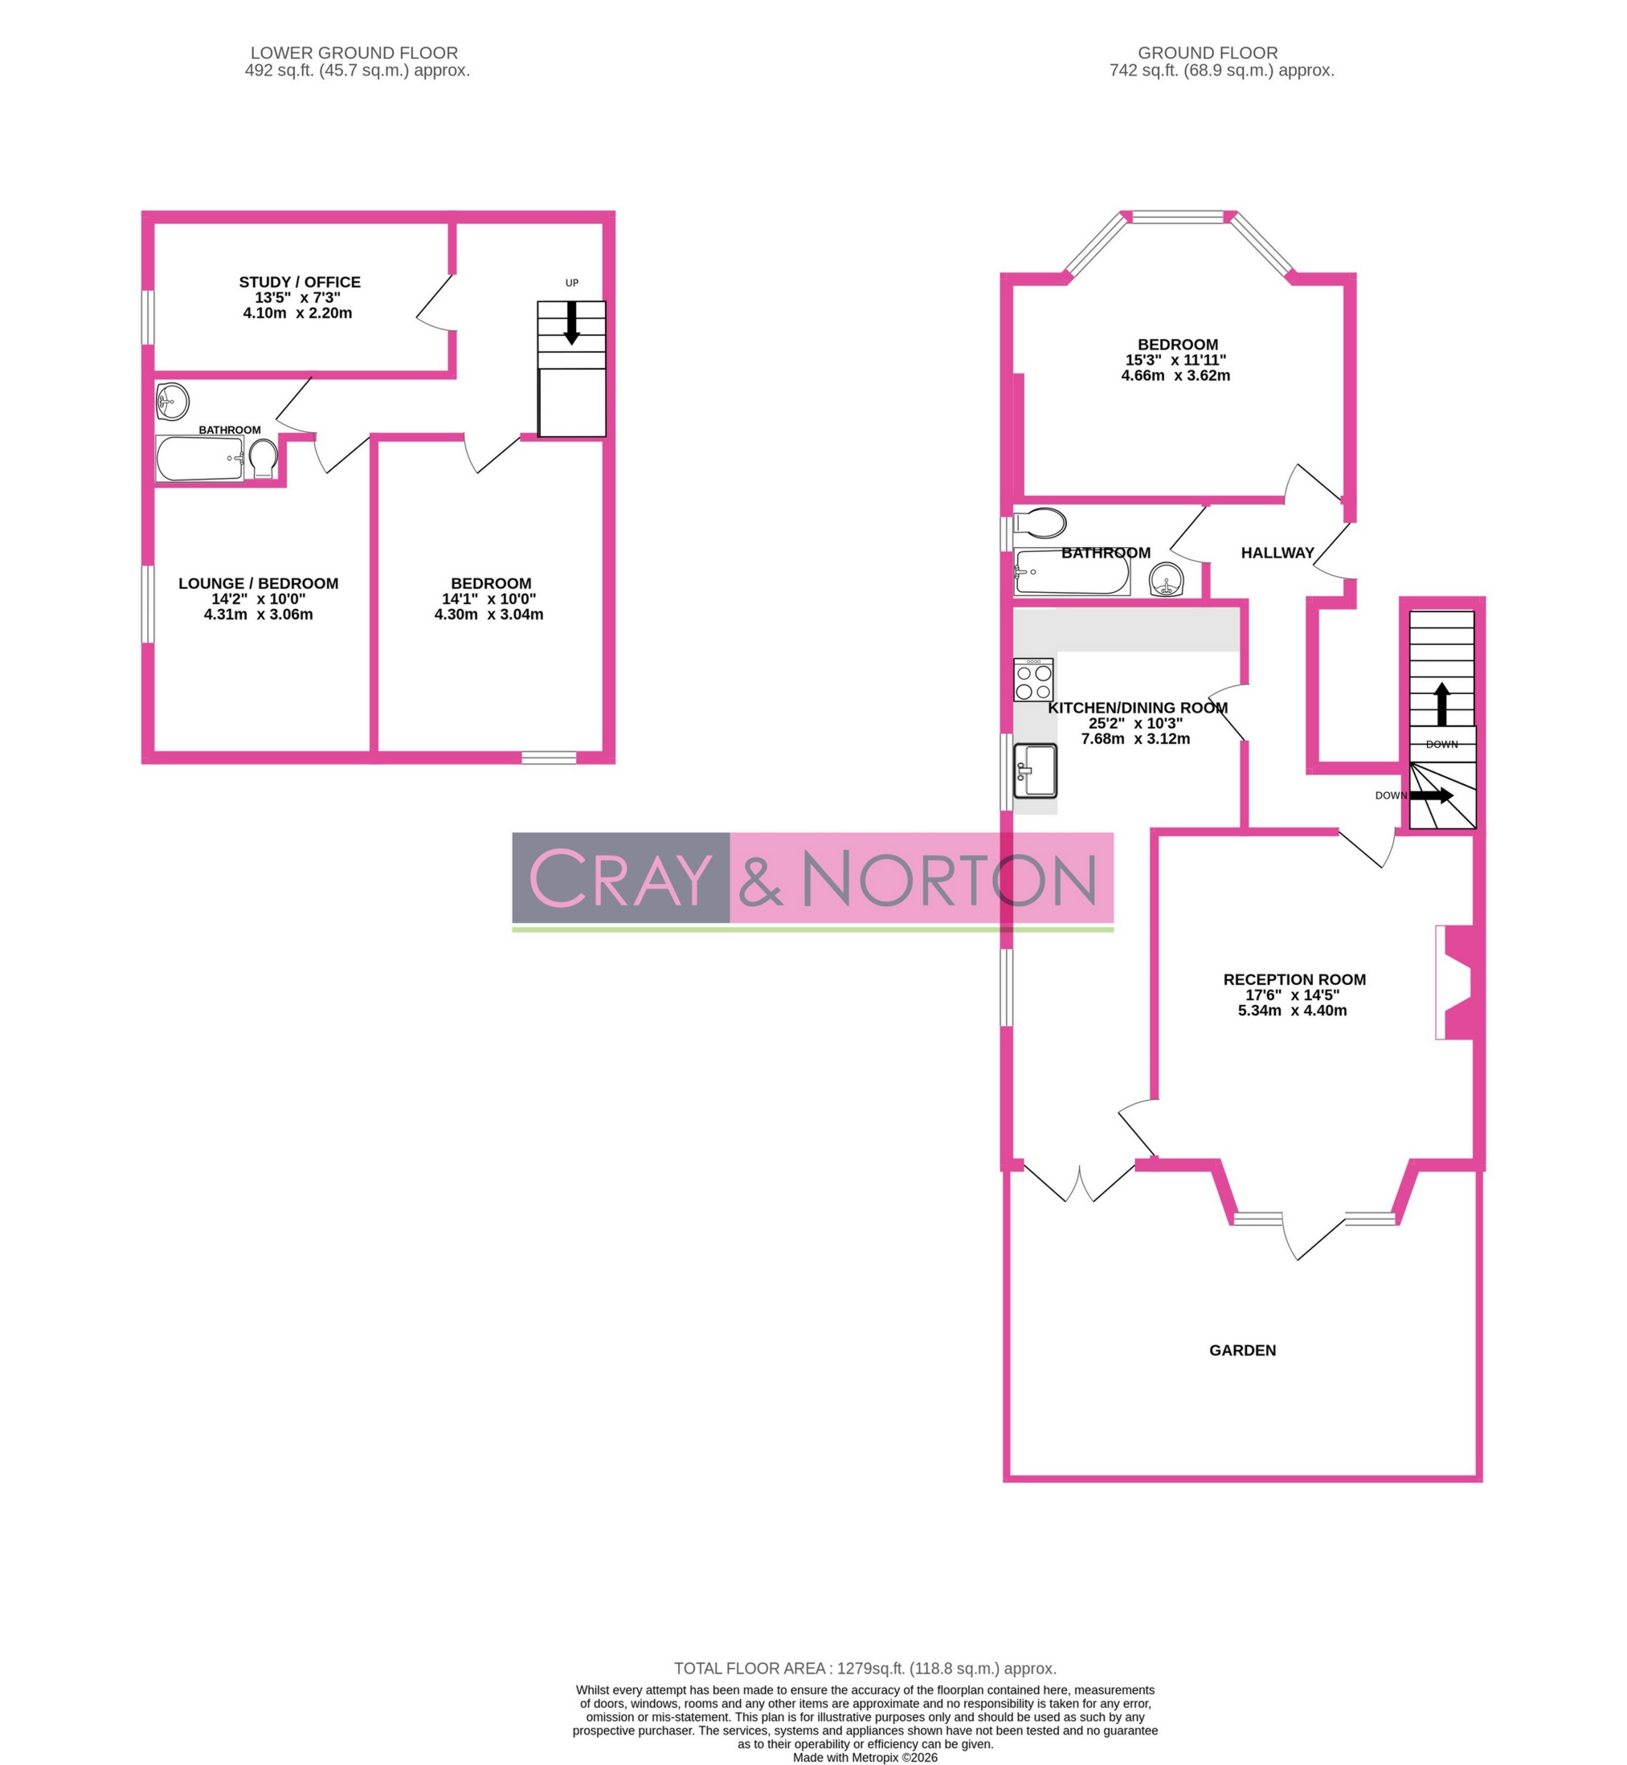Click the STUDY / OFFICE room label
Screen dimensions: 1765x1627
300,282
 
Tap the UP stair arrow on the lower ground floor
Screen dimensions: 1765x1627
571,322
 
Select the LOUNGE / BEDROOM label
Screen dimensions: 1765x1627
258,582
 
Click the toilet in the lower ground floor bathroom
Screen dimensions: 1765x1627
263,459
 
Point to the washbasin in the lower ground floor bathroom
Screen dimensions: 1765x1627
172,402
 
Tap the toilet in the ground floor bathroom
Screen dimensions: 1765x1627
1040,522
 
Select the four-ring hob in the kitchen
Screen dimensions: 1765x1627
1032,680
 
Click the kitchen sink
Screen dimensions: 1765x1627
1035,770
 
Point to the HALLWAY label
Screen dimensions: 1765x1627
1277,553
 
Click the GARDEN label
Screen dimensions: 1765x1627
1241,1350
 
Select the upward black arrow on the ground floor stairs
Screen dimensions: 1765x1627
1441,704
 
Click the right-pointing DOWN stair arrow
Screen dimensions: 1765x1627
1431,795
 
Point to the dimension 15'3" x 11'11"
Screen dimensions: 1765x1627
1175,360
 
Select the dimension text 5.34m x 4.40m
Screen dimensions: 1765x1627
1292,1011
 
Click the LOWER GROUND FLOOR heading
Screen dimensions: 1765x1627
354,53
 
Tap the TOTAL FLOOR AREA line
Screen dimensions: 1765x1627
865,1668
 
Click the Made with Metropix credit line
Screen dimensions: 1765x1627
865,1757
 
